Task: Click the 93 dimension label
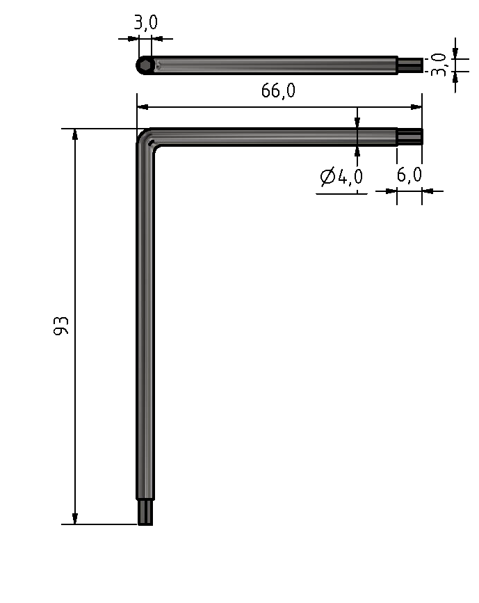pos(62,326)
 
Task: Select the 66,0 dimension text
pos(278,92)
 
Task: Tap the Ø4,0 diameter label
pos(341,177)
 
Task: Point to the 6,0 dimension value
pos(409,175)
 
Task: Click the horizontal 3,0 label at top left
pos(145,23)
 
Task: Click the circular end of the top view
pos(145,65)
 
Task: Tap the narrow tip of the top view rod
pos(409,65)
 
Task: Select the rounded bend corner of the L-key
pos(146,137)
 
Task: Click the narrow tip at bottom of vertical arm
pos(145,513)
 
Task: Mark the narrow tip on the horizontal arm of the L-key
pos(409,136)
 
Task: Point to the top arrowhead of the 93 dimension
pos(75,134)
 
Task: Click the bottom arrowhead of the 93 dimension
pos(75,518)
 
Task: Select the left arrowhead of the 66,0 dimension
pos(143,107)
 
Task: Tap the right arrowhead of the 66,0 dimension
pos(416,107)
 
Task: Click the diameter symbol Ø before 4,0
pos(327,177)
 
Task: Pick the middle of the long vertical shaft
pos(145,320)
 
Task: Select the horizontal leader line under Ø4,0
pos(341,193)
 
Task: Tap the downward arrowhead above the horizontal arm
pos(357,122)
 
